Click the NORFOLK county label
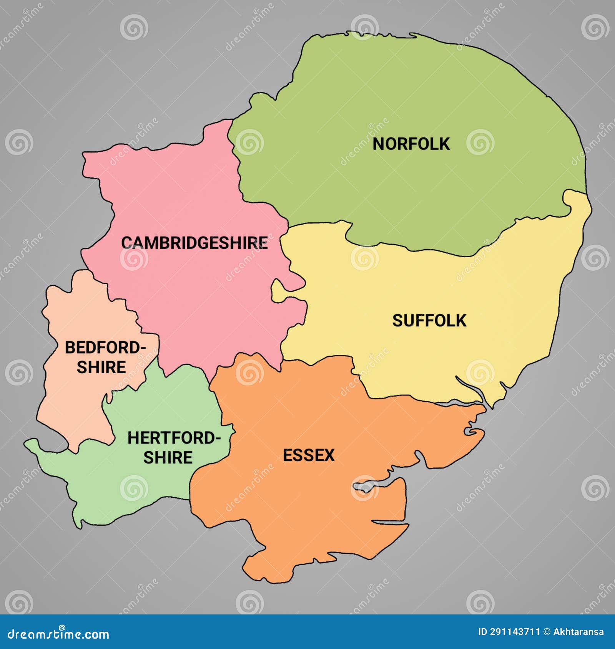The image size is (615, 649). pyautogui.click(x=411, y=144)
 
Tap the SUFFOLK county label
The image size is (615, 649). pyautogui.click(x=429, y=321)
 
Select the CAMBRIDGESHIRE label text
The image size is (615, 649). pyautogui.click(x=194, y=243)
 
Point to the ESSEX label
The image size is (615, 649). pyautogui.click(x=309, y=455)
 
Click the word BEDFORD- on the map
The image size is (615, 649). pyautogui.click(x=105, y=348)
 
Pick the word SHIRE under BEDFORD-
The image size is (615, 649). pyautogui.click(x=101, y=367)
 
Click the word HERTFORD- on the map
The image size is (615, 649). pyautogui.click(x=174, y=438)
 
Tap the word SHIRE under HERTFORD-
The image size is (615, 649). pyautogui.click(x=168, y=458)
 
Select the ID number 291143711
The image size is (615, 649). pyautogui.click(x=515, y=632)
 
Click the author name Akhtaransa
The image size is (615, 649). pyautogui.click(x=578, y=632)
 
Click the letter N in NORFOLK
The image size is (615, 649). pyautogui.click(x=378, y=144)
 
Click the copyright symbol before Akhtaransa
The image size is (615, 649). pyautogui.click(x=547, y=632)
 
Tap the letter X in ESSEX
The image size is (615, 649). pyautogui.click(x=329, y=455)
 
